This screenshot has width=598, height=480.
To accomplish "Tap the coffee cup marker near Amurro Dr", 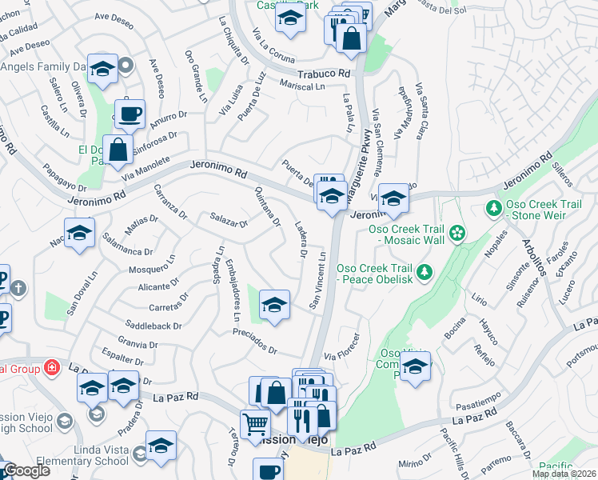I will [x=129, y=113].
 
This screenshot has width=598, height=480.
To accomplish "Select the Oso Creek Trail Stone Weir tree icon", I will [x=493, y=208].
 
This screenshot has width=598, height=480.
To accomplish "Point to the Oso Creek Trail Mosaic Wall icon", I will [x=456, y=234].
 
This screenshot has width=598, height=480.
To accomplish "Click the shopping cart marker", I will [x=256, y=423].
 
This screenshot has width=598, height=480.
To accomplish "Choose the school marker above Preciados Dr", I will [x=274, y=305].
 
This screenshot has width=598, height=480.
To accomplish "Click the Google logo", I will [x=26, y=470].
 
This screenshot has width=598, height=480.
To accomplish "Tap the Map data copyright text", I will [x=564, y=474].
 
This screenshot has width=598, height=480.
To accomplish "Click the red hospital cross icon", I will [x=52, y=367].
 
